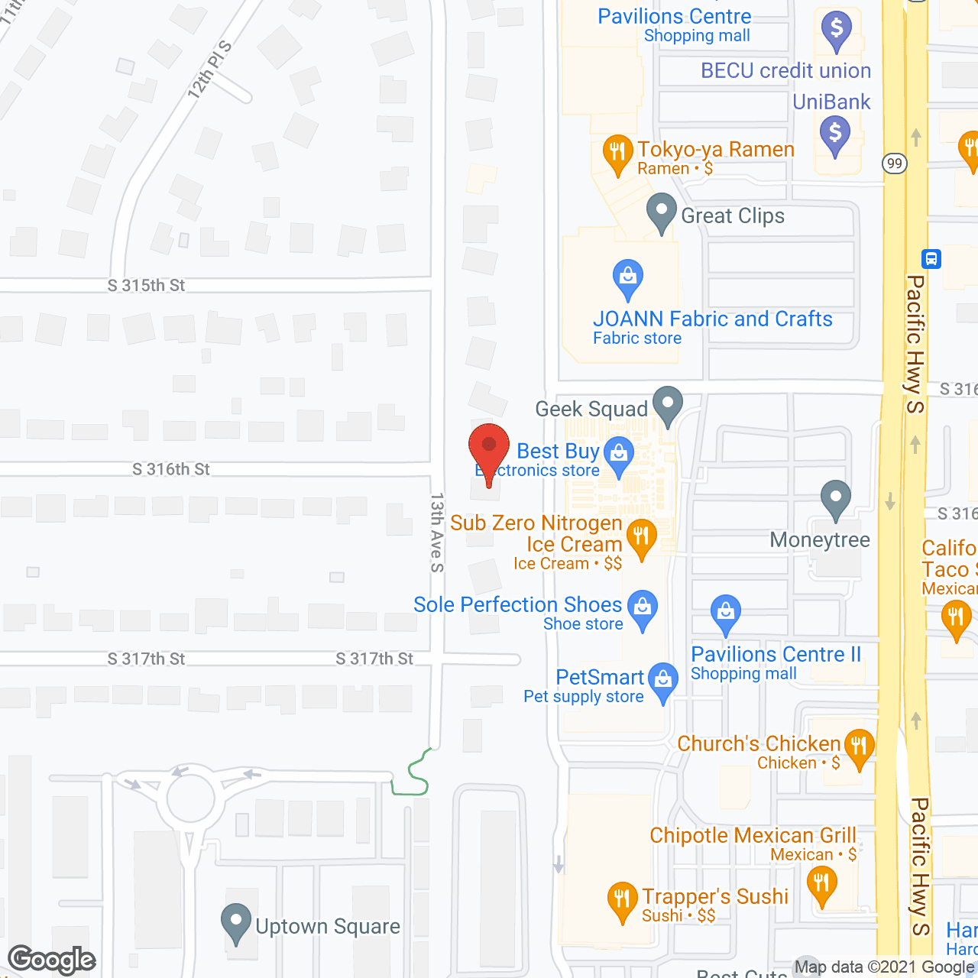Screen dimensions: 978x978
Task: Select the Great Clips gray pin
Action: pos(662,212)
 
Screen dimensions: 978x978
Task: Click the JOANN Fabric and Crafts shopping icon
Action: pos(628,279)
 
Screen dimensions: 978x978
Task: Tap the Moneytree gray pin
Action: pos(836,499)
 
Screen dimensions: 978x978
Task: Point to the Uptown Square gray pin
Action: pos(236,922)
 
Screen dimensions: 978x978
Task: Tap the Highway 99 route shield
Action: pos(895,164)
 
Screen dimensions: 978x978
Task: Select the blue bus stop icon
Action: pos(931,259)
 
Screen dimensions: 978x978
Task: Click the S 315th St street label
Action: pos(146,286)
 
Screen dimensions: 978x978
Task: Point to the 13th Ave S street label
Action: pos(437,532)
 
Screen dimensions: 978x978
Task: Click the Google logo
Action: pos(51,960)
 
